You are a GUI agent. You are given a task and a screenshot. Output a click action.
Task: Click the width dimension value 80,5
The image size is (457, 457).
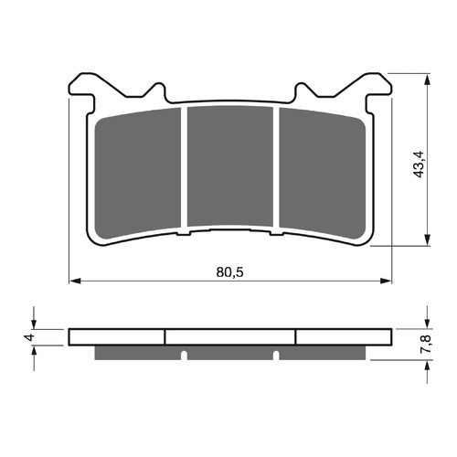231,271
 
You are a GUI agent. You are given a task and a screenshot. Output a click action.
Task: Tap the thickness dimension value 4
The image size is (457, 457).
29,336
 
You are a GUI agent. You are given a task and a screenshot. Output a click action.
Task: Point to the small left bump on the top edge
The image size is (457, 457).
158,90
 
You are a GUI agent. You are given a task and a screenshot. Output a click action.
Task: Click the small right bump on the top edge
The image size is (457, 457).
303,90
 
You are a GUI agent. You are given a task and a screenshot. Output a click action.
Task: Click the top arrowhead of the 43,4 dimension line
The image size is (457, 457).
426,77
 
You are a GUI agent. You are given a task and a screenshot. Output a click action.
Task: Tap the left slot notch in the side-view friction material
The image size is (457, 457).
183,355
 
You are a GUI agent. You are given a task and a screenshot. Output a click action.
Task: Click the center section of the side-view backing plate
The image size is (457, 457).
230,336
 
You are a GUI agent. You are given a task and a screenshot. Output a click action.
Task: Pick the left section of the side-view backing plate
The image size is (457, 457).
117,336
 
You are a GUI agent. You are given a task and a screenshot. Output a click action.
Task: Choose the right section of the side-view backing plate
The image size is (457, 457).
345,336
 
